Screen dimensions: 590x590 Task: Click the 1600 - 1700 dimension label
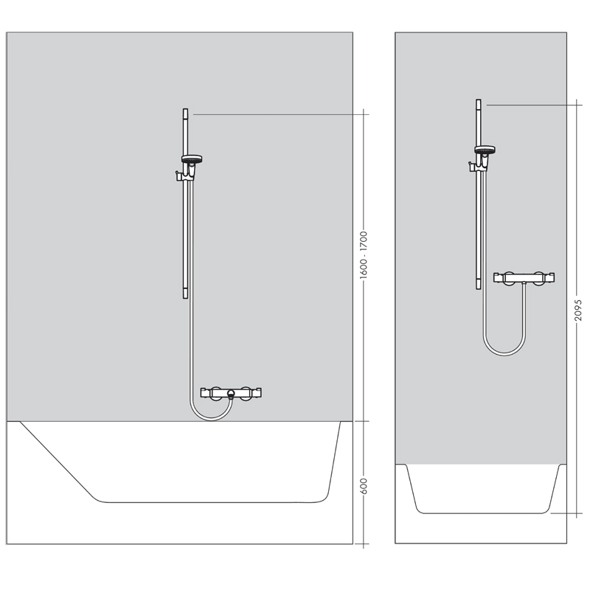tap(364, 255)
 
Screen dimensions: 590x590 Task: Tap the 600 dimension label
tap(364, 487)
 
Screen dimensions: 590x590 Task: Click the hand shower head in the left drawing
tap(192, 159)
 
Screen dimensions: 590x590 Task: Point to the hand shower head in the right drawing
tap(485, 150)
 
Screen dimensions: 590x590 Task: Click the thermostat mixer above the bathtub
tap(231, 393)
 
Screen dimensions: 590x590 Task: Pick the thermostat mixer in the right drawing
tap(524, 278)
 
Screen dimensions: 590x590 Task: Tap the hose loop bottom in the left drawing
tap(212, 418)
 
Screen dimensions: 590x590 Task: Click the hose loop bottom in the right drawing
tap(504, 353)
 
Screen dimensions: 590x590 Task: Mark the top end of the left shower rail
tap(185, 109)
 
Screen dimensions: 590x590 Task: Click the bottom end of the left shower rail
tap(185, 298)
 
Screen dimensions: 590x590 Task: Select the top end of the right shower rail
tap(478, 100)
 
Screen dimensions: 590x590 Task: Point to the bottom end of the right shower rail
tap(478, 288)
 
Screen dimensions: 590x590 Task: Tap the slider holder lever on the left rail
tap(178, 175)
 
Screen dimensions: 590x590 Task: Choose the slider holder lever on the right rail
tap(471, 165)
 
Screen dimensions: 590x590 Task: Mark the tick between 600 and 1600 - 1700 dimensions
tap(364, 421)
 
